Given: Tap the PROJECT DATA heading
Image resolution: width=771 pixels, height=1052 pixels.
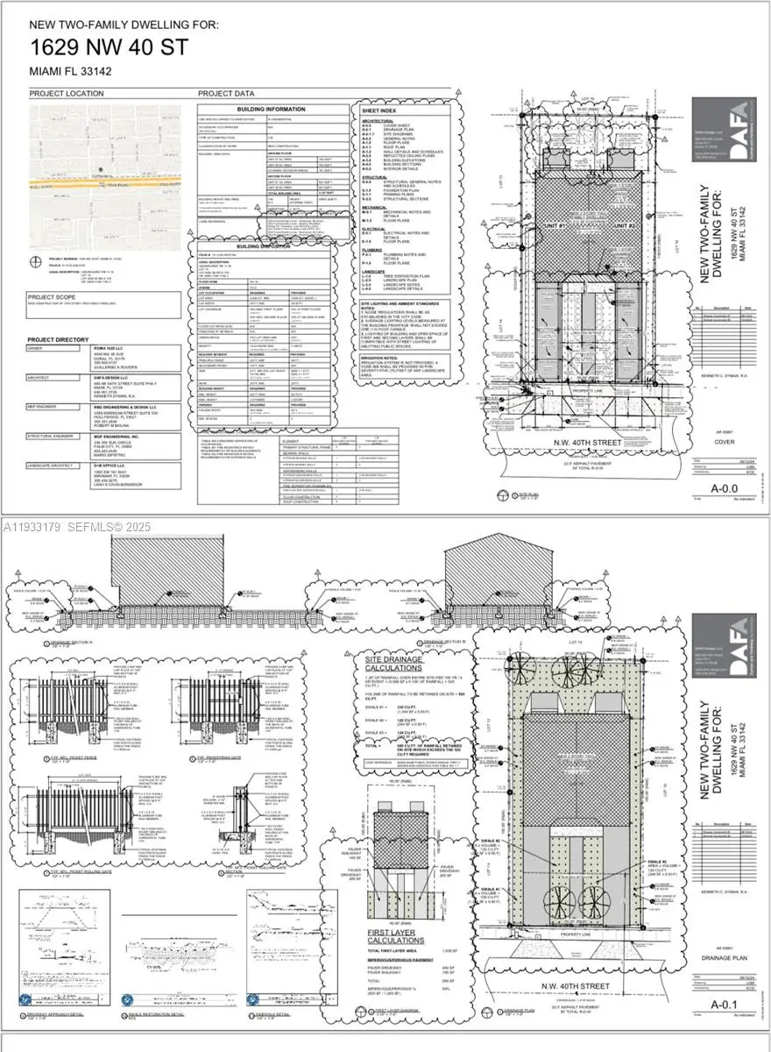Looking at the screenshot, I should pyautogui.click(x=226, y=93).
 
